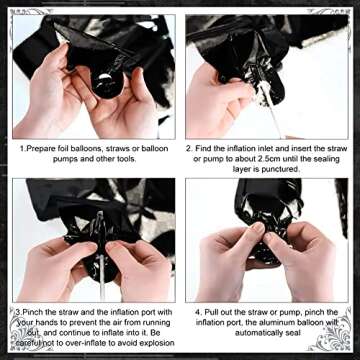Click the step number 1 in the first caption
22,147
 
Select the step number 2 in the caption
187,147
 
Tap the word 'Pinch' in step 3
38,312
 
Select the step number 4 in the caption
196,312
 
